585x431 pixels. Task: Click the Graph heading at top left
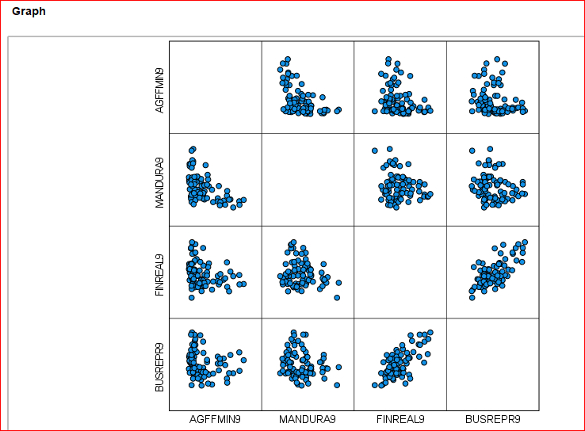pos(29,12)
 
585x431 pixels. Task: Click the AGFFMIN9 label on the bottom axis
pos(215,420)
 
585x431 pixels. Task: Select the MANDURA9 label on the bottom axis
pos(308,420)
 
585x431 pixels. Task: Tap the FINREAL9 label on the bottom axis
pos(400,420)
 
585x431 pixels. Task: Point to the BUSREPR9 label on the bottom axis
pos(493,420)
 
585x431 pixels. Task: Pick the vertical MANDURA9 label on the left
pos(160,181)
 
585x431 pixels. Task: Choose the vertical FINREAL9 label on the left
pos(160,274)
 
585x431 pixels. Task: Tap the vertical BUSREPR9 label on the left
pos(160,367)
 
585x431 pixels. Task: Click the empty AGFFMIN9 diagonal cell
pos(215,87)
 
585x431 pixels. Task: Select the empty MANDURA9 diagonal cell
pos(308,180)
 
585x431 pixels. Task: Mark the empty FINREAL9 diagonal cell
pos(400,273)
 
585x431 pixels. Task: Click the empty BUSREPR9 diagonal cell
pos(493,364)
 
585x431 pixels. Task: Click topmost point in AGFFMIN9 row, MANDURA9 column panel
pos(288,59)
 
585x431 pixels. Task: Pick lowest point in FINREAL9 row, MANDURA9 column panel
pos(337,298)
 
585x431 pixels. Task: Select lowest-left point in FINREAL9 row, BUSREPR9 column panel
pos(472,298)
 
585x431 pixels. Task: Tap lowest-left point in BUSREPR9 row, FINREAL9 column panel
pos(375,385)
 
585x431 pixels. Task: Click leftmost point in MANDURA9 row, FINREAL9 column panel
pos(374,151)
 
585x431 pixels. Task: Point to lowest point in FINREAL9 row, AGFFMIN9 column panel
pos(191,298)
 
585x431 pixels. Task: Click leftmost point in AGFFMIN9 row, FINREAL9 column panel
pos(375,111)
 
